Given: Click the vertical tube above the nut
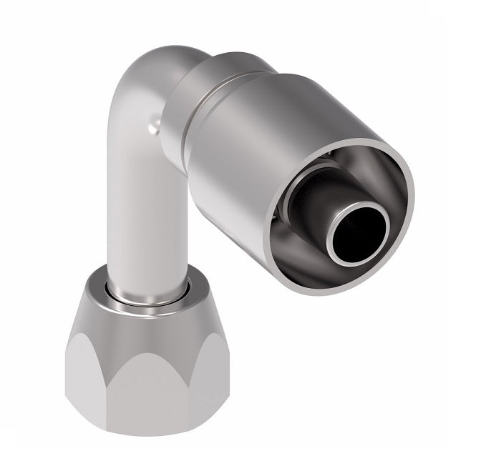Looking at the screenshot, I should click(136, 229).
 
